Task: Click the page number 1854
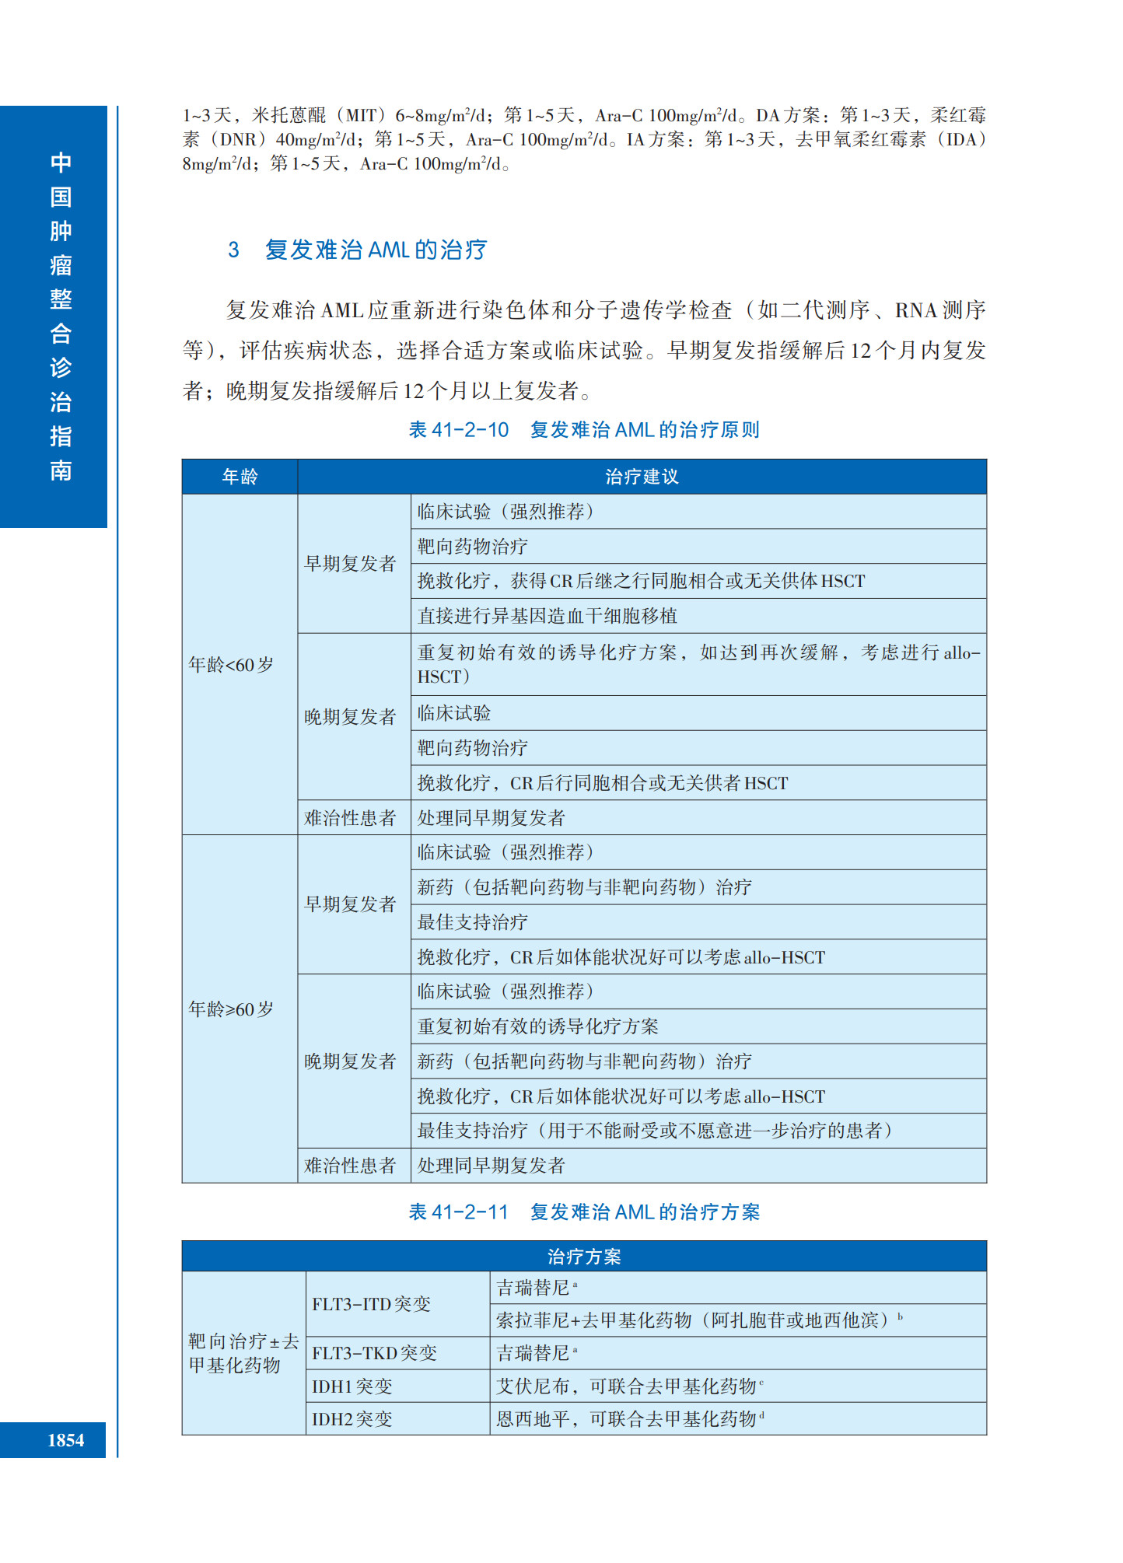coord(65,1440)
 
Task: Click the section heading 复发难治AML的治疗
coord(376,250)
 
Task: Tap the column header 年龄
coord(240,477)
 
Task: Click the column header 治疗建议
coord(642,477)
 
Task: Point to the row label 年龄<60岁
coord(231,665)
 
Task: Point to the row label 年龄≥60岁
coord(231,1009)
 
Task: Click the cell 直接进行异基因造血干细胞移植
coord(548,616)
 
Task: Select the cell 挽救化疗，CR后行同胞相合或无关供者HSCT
coord(603,783)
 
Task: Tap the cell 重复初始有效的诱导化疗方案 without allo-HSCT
coord(537,1026)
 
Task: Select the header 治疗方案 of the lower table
coord(584,1257)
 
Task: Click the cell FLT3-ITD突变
coord(371,1304)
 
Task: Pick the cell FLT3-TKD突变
coord(374,1353)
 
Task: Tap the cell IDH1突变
coord(352,1386)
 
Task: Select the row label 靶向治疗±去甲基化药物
coord(243,1353)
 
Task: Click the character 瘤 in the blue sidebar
coord(61,265)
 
